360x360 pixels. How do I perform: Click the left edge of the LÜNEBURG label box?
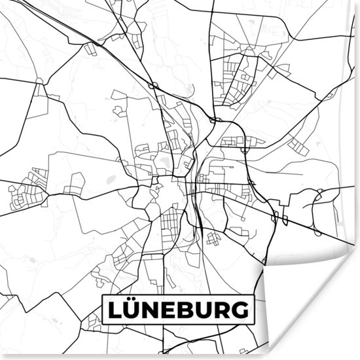(x=102, y=310)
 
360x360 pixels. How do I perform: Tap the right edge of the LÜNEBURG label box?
(x=252, y=310)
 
